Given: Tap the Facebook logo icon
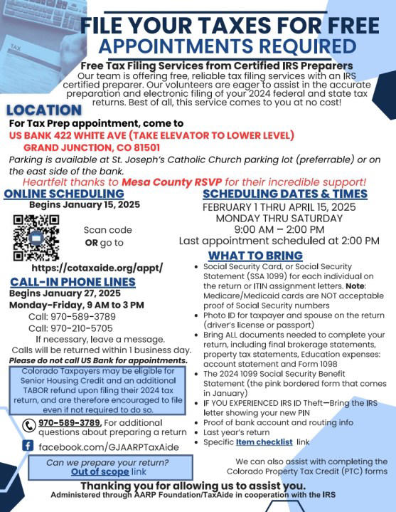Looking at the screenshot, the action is tap(28, 446).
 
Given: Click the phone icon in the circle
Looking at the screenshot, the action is tap(29, 426).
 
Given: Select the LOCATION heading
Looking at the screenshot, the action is tap(43, 110).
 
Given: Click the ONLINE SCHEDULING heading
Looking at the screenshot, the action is tap(52, 194).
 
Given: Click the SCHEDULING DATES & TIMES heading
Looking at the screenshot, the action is tap(285, 194).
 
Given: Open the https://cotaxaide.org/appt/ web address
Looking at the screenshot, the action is tap(97, 268).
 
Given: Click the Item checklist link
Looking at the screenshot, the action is tap(265, 442).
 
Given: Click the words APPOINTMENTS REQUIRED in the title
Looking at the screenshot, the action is tap(228, 47).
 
